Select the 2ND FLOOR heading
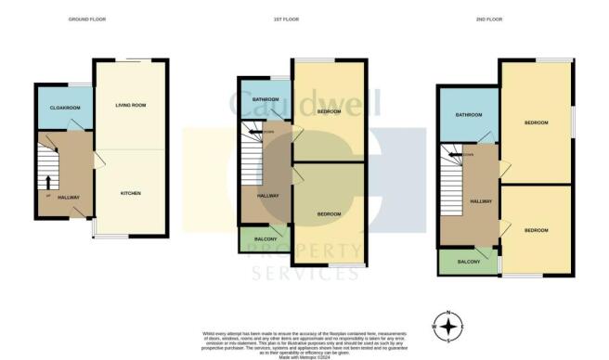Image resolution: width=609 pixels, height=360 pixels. [x=501, y=19]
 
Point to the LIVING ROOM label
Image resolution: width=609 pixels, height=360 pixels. [x=130, y=105]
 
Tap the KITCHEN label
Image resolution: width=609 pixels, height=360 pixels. [x=130, y=193]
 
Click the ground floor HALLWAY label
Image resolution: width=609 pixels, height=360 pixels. [x=68, y=197]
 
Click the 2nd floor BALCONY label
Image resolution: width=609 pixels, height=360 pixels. [x=469, y=263]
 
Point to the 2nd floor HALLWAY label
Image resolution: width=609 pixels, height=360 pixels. [x=480, y=201]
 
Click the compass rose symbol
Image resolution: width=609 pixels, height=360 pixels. [x=449, y=326]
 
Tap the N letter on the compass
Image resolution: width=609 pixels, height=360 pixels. [x=449, y=312]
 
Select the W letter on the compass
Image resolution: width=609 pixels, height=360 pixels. [x=434, y=326]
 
